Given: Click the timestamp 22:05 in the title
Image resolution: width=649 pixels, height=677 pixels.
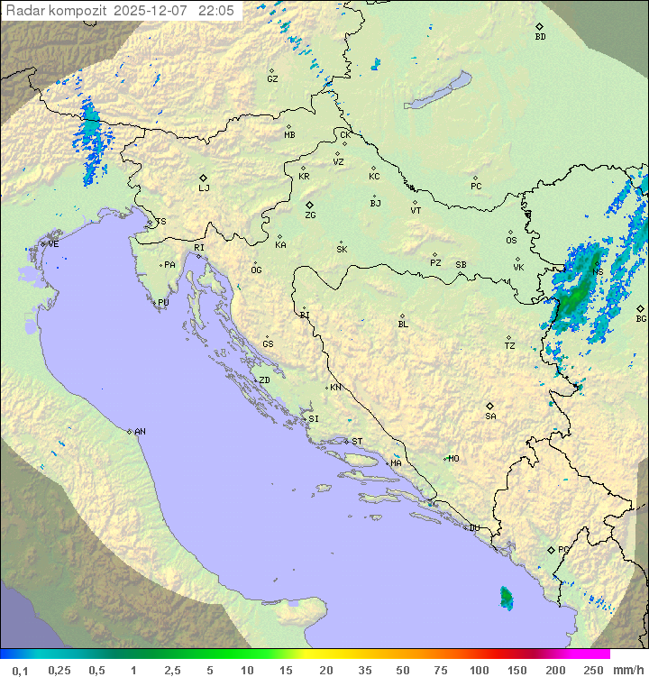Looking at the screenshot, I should coord(217,11).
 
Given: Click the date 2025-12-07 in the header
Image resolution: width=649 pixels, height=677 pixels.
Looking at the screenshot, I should coord(154,11).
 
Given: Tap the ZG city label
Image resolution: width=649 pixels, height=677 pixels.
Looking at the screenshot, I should coord(310,215).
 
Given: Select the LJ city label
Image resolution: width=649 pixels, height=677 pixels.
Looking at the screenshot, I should coord(204,188).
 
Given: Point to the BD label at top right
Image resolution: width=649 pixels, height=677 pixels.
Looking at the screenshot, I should coord(540,37).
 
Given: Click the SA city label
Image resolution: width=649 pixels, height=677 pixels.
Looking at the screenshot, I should coord(490,416).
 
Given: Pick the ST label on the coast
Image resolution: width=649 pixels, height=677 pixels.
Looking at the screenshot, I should coord(357,442).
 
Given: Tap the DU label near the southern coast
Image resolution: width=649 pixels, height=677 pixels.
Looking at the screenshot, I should coord(473,528).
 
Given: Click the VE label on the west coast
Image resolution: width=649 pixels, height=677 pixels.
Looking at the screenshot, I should coord(53,244).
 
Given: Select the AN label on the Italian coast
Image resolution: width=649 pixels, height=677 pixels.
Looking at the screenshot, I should coord(140,432).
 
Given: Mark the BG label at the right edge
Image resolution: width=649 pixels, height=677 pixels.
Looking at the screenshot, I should coord(641,318).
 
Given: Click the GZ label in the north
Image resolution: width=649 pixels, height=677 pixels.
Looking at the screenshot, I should coord(272,79).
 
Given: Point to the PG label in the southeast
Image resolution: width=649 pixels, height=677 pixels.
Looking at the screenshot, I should coord(563,549).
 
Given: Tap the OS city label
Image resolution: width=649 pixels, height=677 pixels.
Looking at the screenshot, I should coord(511,241).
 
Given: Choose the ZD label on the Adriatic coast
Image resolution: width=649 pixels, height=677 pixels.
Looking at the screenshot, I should coord(264,380).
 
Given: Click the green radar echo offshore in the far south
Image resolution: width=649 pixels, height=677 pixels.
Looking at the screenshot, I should coord(506,596).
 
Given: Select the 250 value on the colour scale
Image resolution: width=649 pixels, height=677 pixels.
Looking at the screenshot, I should coord(593,670).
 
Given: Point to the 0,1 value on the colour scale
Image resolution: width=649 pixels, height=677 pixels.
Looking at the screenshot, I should coord(20,670).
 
